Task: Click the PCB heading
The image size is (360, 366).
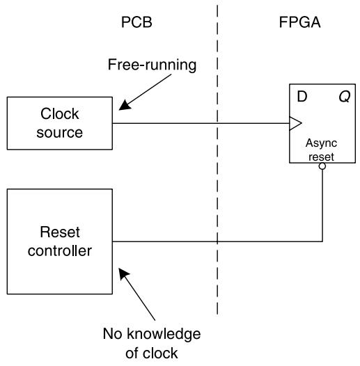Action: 136,22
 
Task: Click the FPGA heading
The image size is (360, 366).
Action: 299,22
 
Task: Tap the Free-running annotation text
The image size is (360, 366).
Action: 152,65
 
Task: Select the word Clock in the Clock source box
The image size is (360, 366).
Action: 60,113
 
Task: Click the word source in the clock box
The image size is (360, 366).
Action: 60,133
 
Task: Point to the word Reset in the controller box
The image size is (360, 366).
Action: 60,232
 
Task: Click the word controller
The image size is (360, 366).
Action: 60,251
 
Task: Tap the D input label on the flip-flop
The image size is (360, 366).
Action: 302,96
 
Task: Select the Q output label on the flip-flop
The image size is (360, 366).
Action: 345,97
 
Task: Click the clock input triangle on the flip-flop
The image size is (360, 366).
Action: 295,123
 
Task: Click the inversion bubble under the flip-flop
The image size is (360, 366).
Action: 322,166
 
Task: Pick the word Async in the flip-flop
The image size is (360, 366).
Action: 321,143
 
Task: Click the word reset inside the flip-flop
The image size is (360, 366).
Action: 321,157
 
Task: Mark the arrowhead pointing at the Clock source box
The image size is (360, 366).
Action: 125,105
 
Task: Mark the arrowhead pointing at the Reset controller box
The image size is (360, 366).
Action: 124,273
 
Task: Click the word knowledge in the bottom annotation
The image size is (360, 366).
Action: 164,334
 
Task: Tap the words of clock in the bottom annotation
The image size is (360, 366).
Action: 152,353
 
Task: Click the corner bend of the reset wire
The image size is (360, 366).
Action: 322,241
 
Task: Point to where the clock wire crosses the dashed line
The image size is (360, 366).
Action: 217,123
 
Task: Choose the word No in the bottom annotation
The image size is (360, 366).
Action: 112,334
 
